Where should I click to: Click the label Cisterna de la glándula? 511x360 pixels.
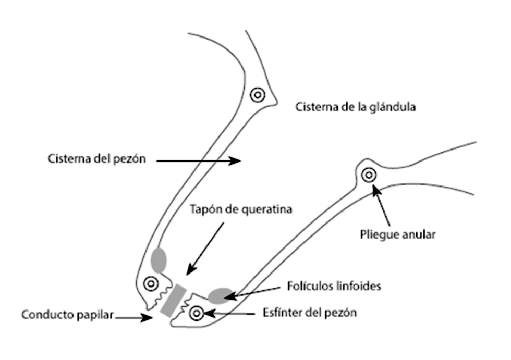pyautogui.click(x=355, y=108)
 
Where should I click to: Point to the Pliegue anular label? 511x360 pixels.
pyautogui.click(x=398, y=234)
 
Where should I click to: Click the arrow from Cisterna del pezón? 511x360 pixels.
pyautogui.click(x=199, y=161)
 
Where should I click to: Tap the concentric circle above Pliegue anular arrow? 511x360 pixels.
pyautogui.click(x=369, y=175)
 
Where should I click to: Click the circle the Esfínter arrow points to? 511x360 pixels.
pyautogui.click(x=197, y=313)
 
